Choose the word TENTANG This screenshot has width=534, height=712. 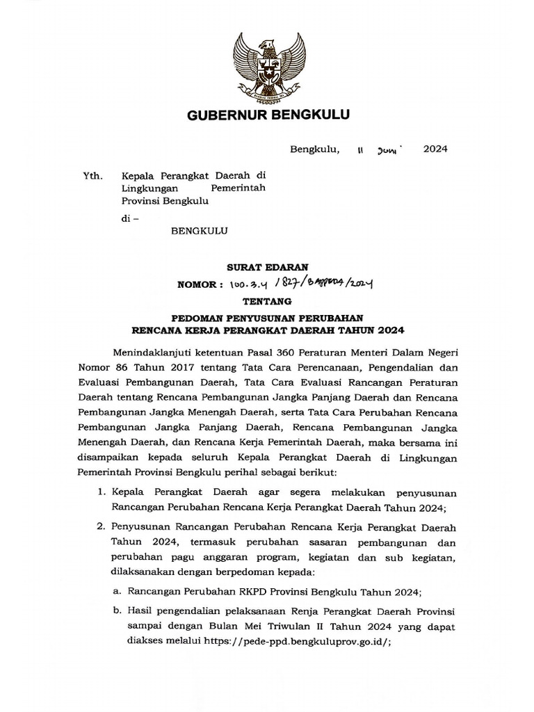[268, 302]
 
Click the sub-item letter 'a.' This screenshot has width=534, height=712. [116, 592]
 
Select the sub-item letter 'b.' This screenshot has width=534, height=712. [116, 610]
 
